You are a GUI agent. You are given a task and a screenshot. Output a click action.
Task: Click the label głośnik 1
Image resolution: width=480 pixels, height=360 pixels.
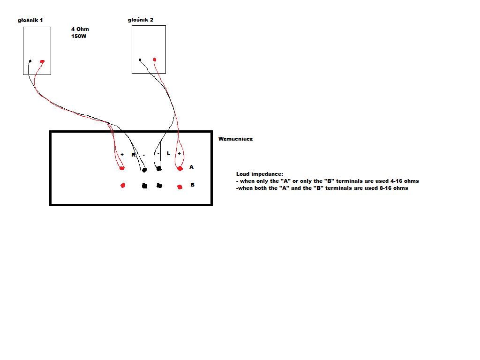30,21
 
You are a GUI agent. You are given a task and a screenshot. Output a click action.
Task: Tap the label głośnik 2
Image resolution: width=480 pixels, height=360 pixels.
141,20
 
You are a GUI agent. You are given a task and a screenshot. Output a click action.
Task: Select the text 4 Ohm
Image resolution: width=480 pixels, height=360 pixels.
80,29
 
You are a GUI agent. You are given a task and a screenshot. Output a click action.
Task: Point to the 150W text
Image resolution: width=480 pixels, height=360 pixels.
79,36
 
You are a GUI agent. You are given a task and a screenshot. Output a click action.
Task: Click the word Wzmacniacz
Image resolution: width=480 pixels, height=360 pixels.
235,139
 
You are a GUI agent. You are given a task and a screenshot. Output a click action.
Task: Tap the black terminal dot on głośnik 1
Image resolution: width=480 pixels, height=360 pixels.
30,61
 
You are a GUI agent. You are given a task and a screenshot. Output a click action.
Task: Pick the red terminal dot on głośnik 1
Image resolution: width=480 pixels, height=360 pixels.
42,61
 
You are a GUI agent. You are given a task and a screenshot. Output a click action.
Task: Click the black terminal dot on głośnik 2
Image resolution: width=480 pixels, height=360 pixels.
140,60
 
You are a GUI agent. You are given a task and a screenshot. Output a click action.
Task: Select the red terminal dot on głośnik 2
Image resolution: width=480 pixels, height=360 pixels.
155,60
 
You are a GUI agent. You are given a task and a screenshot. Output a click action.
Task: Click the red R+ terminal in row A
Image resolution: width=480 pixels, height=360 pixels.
122,168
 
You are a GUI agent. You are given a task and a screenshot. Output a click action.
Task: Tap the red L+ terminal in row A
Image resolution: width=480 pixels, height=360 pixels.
180,168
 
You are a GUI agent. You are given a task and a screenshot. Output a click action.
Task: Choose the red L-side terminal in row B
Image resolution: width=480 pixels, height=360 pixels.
180,187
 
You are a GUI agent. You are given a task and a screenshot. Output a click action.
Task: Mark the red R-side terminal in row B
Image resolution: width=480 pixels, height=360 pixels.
123,185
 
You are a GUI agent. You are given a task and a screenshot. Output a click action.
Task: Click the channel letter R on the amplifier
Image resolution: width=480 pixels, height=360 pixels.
134,155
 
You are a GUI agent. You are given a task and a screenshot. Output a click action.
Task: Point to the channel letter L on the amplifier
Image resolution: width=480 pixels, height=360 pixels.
168,153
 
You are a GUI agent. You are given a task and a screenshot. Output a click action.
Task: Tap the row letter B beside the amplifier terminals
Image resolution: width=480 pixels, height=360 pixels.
192,185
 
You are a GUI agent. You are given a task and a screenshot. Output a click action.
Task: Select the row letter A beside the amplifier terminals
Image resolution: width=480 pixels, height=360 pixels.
191,167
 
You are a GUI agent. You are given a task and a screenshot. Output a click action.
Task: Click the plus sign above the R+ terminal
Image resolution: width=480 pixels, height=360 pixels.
122,155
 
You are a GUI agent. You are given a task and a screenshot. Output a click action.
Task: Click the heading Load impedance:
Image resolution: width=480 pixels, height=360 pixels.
260,174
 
